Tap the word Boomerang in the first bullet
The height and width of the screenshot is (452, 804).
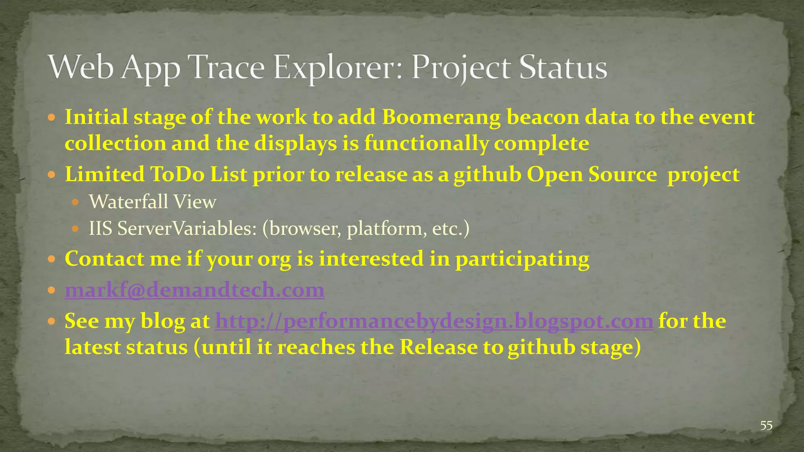441,117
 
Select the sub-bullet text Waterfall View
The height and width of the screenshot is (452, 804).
152,202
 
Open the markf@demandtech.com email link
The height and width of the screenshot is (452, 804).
194,290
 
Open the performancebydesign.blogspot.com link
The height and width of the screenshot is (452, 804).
434,321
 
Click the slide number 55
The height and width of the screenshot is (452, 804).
766,426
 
